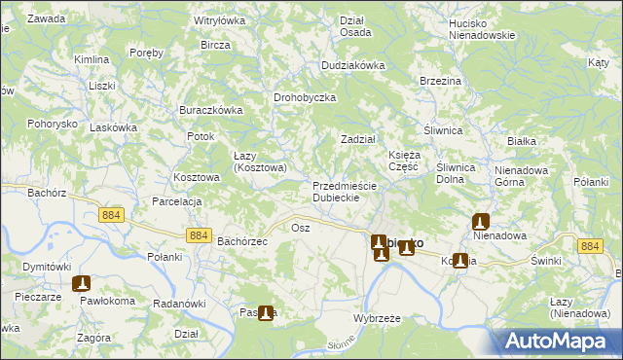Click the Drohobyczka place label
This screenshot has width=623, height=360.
[305, 98]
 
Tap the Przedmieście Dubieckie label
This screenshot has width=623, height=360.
[336, 192]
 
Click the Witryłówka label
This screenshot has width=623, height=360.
[220, 19]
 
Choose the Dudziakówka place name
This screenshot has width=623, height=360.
[353, 66]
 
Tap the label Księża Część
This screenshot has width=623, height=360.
[403, 161]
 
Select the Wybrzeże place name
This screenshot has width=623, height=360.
[378, 319]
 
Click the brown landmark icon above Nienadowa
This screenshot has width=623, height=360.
[480, 221]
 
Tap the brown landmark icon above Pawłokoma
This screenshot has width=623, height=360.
[81, 284]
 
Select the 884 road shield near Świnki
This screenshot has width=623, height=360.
[590, 247]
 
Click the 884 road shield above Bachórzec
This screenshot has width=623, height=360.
[199, 235]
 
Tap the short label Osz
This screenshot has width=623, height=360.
[300, 227]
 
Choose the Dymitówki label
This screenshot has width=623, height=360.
[47, 267]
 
